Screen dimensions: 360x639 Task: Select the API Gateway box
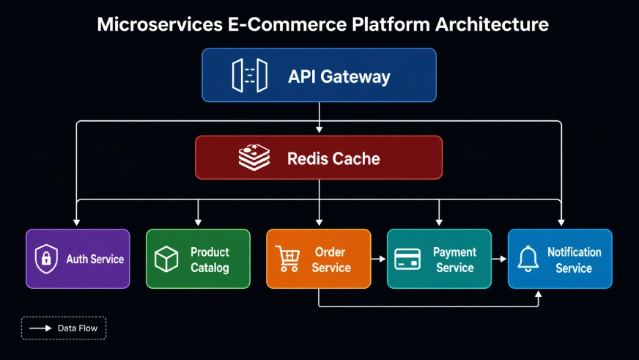click(319, 76)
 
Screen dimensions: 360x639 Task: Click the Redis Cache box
click(319, 158)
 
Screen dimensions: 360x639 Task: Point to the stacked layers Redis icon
click(254, 158)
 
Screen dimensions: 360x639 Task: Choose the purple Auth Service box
click(78, 259)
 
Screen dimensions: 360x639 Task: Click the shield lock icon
click(46, 259)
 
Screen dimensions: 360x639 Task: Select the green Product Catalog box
click(198, 259)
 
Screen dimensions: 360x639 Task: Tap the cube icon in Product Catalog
click(166, 259)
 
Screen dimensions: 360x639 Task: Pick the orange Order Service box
click(318, 259)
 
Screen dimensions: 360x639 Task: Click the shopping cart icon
click(287, 259)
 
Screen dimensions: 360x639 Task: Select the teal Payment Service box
click(439, 259)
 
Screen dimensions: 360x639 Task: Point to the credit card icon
click(407, 259)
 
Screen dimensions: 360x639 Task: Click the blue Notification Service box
click(560, 259)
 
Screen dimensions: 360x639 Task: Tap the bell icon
click(528, 259)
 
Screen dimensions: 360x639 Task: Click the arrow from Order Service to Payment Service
click(379, 259)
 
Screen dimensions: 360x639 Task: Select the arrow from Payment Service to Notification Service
click(499, 259)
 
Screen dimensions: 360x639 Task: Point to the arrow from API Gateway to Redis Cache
click(319, 119)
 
